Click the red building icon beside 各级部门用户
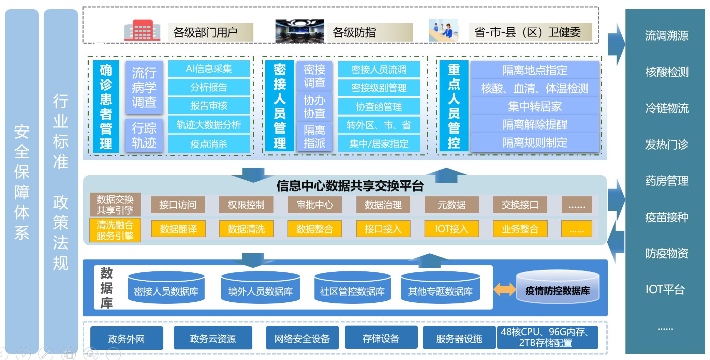coord(142,31)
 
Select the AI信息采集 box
coord(209,69)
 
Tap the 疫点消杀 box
coord(209,144)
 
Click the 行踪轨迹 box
coord(144,135)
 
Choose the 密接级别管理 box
coord(379,88)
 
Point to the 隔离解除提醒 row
coord(535,125)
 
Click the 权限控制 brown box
coord(246,205)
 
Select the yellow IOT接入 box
coord(452,229)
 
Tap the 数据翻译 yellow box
coord(178,229)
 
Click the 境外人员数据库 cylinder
coord(261,288)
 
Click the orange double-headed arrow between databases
coord(504,289)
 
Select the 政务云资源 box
coord(213,338)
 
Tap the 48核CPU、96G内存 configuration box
coord(547,337)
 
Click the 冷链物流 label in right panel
coord(667,108)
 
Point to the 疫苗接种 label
coord(667,217)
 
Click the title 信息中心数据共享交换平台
coord(350,186)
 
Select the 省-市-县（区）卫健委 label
coord(530,32)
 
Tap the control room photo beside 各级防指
coord(299,31)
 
